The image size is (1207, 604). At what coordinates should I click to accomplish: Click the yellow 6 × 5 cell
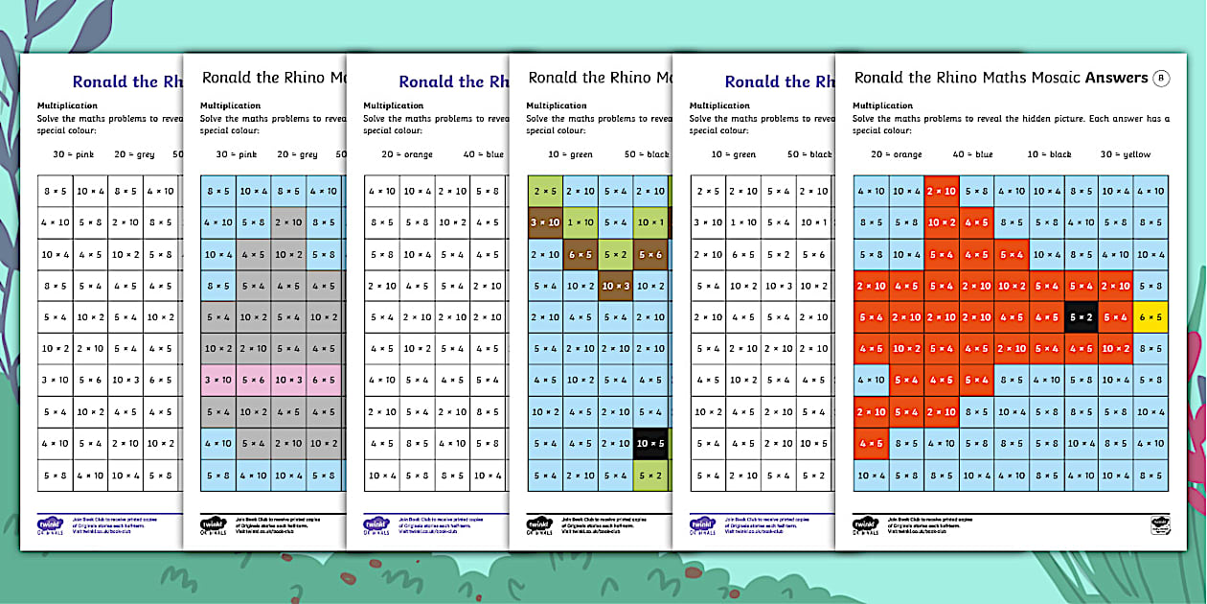pyautogui.click(x=1150, y=317)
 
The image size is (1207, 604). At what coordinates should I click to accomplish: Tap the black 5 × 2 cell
pyautogui.click(x=1081, y=317)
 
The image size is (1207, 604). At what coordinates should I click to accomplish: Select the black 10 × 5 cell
pyautogui.click(x=649, y=443)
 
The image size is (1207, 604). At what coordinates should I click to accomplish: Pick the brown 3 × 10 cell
pyautogui.click(x=544, y=222)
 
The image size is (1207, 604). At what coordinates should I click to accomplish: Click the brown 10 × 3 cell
pyautogui.click(x=615, y=286)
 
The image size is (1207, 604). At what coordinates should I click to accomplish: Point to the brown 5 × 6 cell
pyautogui.click(x=649, y=254)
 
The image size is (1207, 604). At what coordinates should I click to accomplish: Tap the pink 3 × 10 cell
pyautogui.click(x=218, y=380)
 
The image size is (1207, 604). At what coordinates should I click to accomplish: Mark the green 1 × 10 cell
pyautogui.click(x=581, y=222)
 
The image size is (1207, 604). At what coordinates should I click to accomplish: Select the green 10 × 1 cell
pyautogui.click(x=649, y=222)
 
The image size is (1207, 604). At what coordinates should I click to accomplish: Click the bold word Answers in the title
pyautogui.click(x=1115, y=78)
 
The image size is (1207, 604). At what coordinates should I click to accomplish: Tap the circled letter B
pyautogui.click(x=1161, y=78)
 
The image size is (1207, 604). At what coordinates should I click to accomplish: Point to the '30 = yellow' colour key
pyautogui.click(x=1125, y=154)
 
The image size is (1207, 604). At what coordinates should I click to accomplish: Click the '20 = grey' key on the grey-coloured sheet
pyautogui.click(x=297, y=154)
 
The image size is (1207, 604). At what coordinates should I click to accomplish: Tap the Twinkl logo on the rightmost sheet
pyautogui.click(x=866, y=524)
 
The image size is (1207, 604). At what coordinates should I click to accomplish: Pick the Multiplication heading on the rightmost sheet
pyautogui.click(x=882, y=106)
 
